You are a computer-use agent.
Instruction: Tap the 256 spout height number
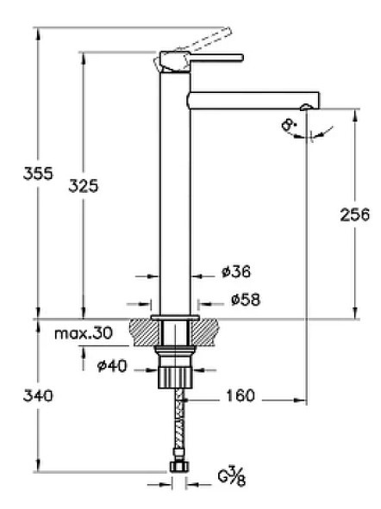pyautogui.click(x=354, y=214)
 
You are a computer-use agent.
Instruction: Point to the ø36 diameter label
pyautogui.click(x=235, y=272)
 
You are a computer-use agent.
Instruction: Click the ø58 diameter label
pyautogui.click(x=245, y=300)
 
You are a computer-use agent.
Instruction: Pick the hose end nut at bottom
pyautogui.click(x=179, y=468)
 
